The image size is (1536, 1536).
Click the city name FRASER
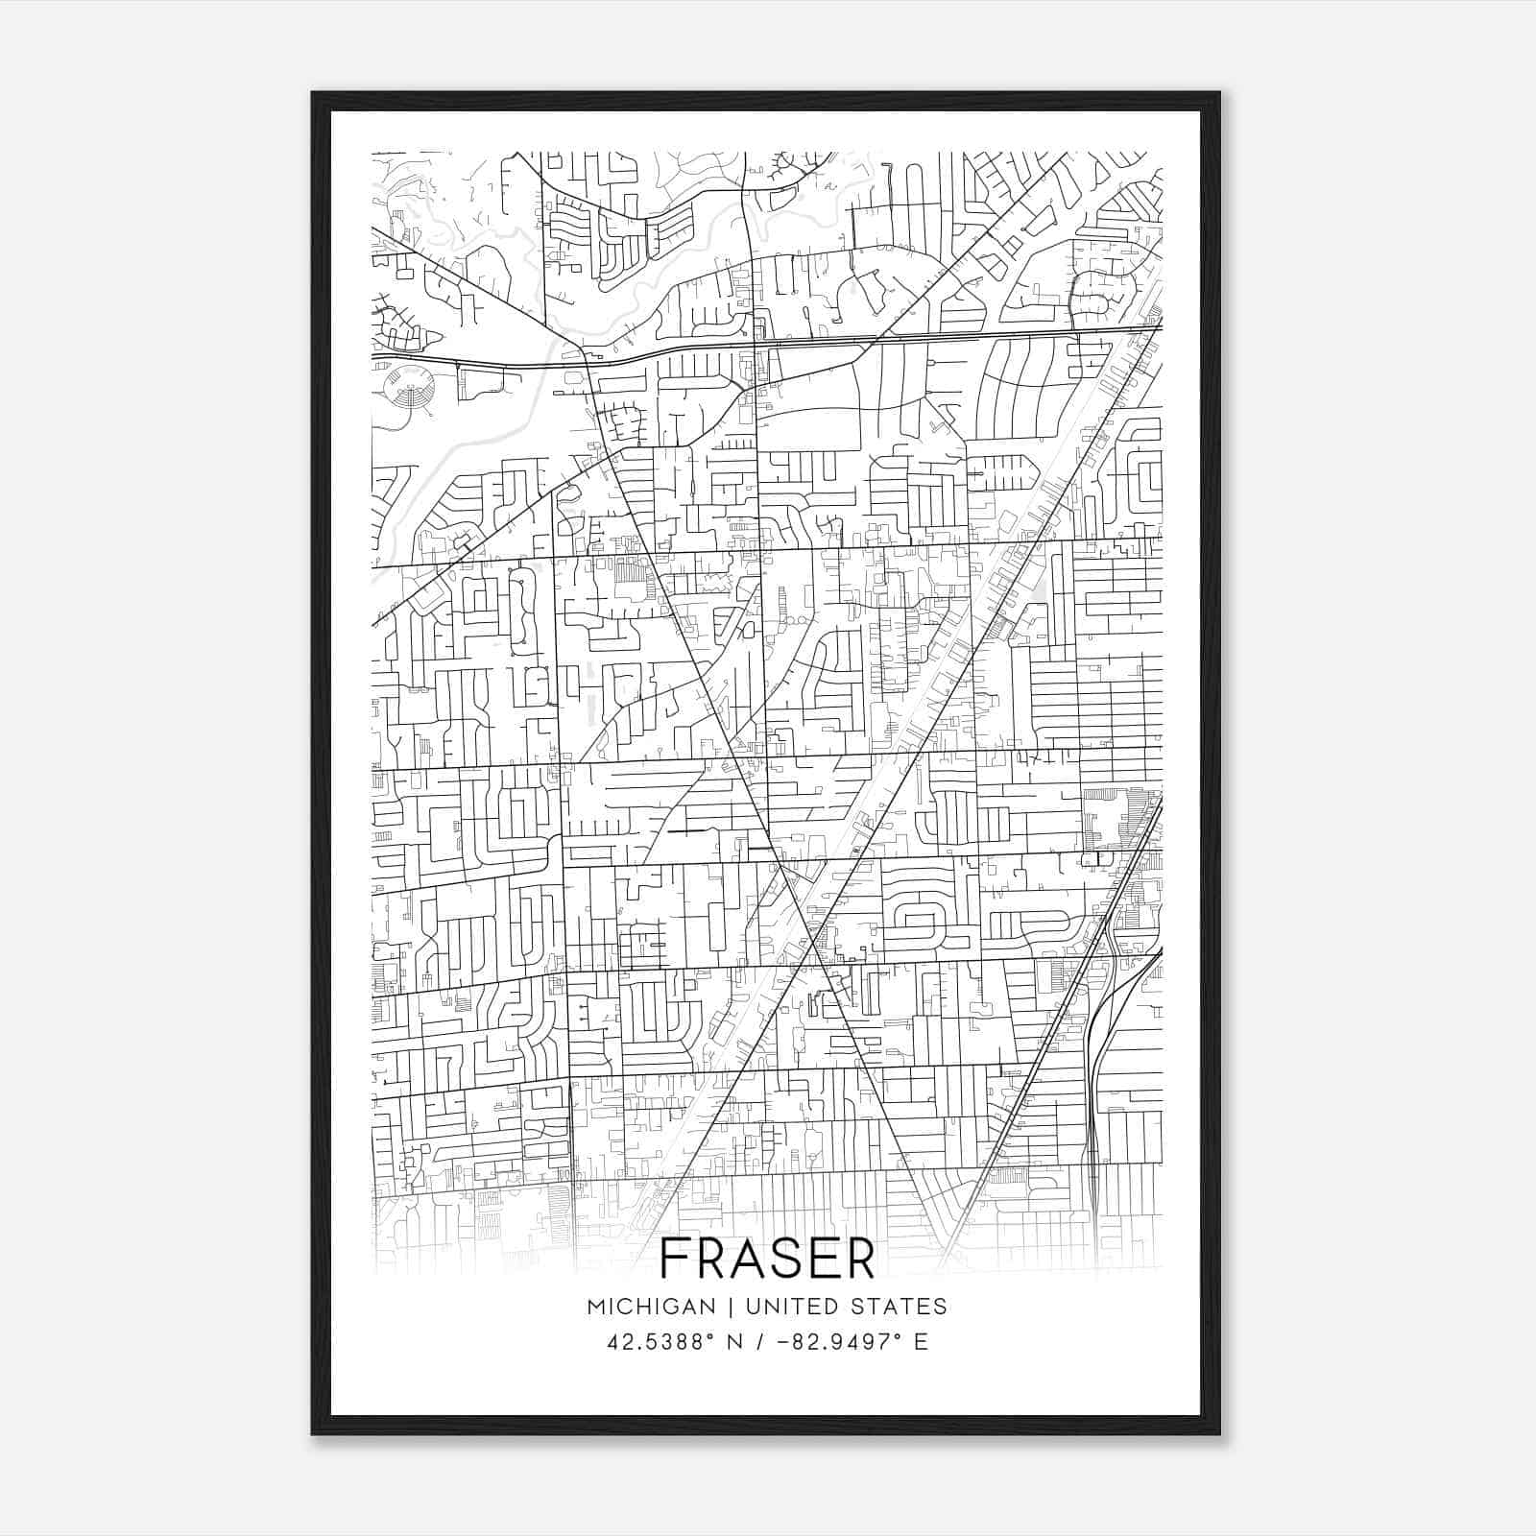(x=768, y=1259)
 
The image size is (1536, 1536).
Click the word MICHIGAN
(x=652, y=1307)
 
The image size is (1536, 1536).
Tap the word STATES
(x=900, y=1307)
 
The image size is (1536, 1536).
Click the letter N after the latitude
(x=737, y=1342)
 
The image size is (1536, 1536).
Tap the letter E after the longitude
(x=922, y=1342)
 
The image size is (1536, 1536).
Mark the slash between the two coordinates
(x=761, y=1342)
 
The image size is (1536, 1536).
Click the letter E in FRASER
(x=821, y=1259)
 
